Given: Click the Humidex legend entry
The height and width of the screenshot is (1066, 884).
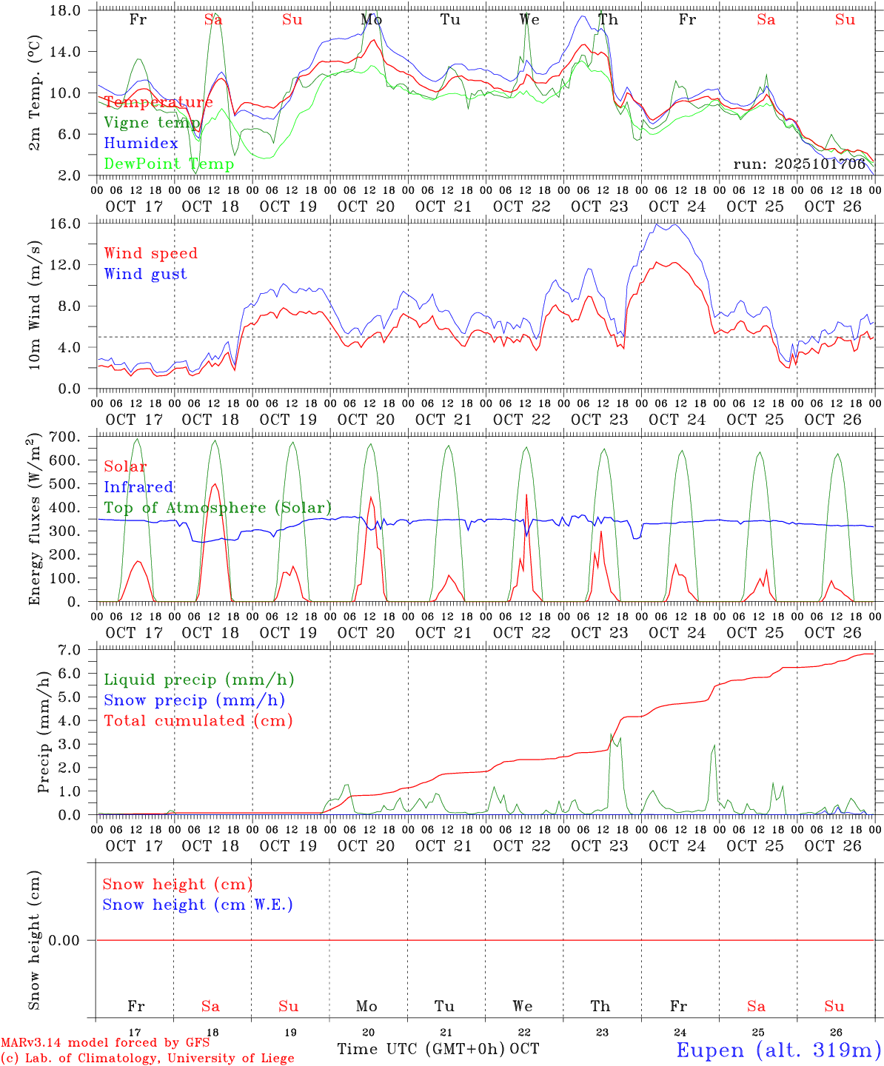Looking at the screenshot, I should pyautogui.click(x=141, y=144).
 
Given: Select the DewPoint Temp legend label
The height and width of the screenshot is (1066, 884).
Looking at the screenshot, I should pyautogui.click(x=169, y=164).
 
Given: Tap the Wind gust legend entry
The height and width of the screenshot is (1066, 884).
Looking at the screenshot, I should pyautogui.click(x=145, y=274).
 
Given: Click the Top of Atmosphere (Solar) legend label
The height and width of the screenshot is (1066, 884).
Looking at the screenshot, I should pyautogui.click(x=217, y=508).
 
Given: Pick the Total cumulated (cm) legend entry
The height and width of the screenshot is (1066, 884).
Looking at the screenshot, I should pyautogui.click(x=198, y=720).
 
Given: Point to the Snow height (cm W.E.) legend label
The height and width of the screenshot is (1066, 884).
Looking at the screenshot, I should pyautogui.click(x=197, y=905).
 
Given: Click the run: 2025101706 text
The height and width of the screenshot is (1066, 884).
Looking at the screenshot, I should pyautogui.click(x=799, y=164).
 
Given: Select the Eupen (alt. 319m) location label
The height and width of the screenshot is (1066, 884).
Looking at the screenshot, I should pyautogui.click(x=777, y=1050).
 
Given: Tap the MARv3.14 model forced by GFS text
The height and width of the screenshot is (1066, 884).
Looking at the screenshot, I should pyautogui.click(x=105, y=1043).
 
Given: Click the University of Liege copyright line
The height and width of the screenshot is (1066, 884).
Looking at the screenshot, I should pyautogui.click(x=147, y=1059).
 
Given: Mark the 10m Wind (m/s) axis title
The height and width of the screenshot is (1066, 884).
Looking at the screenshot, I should pyautogui.click(x=34, y=305).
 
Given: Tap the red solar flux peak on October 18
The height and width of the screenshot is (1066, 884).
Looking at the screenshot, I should pyautogui.click(x=215, y=484).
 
